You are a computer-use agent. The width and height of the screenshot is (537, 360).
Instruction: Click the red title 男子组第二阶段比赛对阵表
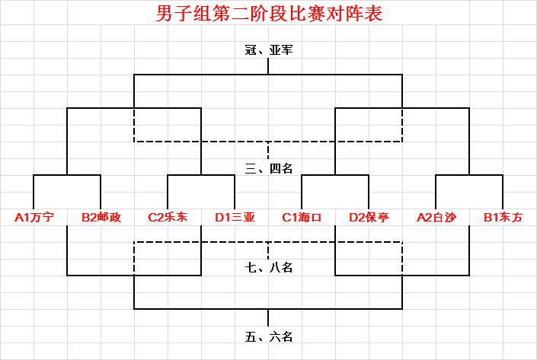pyautogui.click(x=269, y=14)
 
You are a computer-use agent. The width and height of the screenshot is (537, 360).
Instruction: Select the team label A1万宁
pyautogui.click(x=34, y=218)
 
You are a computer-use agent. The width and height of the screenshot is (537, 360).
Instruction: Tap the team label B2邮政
pyautogui.click(x=101, y=218)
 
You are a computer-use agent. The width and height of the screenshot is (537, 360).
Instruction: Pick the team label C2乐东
pyautogui.click(x=168, y=218)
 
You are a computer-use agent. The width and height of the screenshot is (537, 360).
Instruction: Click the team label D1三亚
pyautogui.click(x=235, y=218)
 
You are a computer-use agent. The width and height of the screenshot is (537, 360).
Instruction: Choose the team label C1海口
pyautogui.click(x=302, y=218)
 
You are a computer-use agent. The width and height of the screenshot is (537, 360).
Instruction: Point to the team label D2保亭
pyautogui.click(x=369, y=218)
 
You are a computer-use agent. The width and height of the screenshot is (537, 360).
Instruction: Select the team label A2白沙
pyautogui.click(x=436, y=218)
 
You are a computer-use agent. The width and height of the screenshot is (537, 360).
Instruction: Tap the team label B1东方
pyautogui.click(x=503, y=218)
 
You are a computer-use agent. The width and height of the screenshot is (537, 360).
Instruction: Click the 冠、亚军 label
pyautogui.click(x=269, y=50)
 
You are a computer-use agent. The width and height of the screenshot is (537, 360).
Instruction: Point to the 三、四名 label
pyautogui.click(x=269, y=168)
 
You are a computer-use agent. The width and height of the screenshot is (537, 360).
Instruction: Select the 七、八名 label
pyautogui.click(x=269, y=267)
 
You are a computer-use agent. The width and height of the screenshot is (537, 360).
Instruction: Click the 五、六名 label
pyautogui.click(x=269, y=337)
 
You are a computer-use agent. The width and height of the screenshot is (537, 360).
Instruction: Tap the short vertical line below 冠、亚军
pyautogui.click(x=268, y=66)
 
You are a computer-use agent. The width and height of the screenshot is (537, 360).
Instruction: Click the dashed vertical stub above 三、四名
pyautogui.click(x=268, y=150)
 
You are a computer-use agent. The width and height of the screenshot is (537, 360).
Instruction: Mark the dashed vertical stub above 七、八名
pyautogui.click(x=268, y=250)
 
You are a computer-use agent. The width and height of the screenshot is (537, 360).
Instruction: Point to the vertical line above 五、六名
pyautogui.click(x=268, y=317)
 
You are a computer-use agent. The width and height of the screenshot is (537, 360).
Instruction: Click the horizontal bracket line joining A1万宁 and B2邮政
pyautogui.click(x=67, y=175)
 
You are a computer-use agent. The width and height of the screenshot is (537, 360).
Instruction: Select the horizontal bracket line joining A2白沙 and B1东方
pyautogui.click(x=469, y=175)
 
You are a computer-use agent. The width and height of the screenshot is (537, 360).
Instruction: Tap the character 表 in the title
pyautogui.click(x=373, y=14)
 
